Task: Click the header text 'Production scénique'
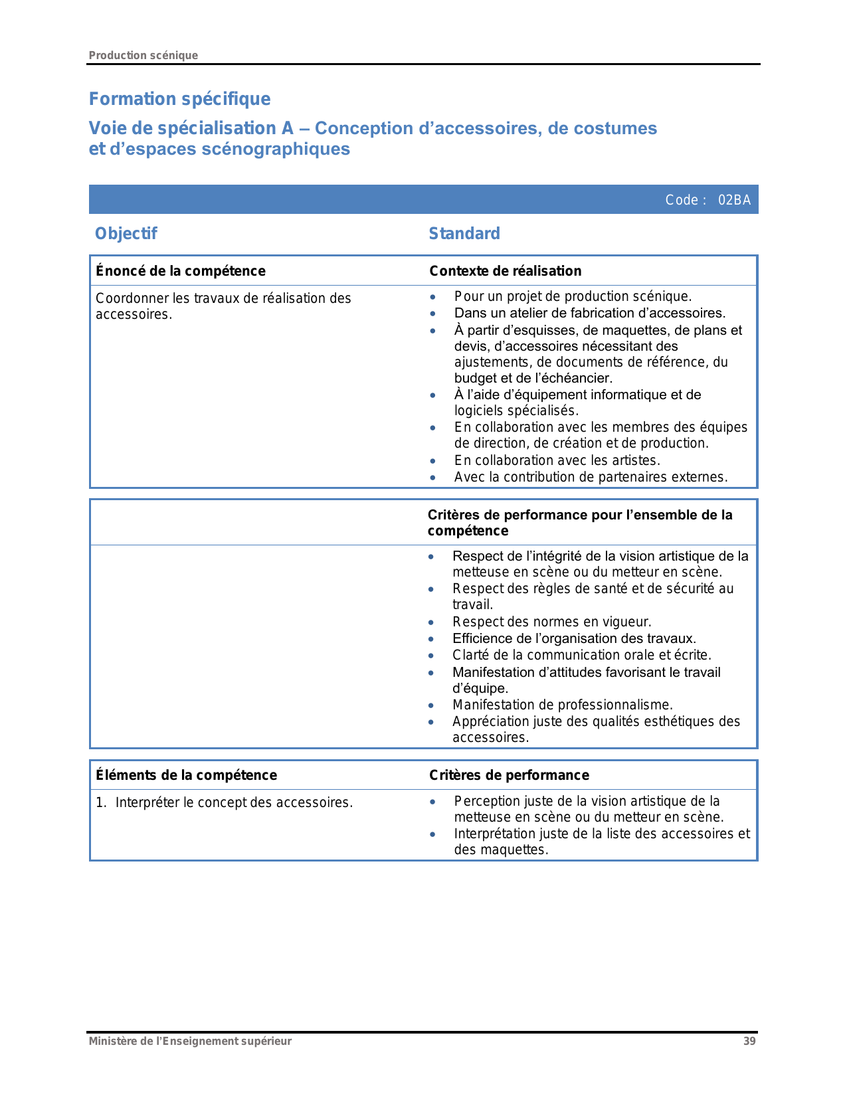coord(143,55)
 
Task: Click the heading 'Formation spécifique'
coord(179,99)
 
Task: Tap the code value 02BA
coord(734,200)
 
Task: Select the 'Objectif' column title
coord(126,234)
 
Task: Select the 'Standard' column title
coord(464,234)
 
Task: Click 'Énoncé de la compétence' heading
coord(181,271)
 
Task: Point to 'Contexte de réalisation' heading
coord(506,271)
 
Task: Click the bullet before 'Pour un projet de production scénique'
coord(432,297)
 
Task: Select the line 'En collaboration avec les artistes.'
coord(557,460)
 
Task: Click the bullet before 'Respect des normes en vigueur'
coord(431,622)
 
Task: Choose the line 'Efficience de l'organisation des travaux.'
coord(574,638)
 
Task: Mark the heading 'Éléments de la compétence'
coord(186,775)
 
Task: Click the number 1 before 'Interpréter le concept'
coord(100,802)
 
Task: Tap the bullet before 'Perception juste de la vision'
coord(432,802)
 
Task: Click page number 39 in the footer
coord(749,1041)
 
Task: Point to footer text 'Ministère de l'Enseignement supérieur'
coord(190,1041)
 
